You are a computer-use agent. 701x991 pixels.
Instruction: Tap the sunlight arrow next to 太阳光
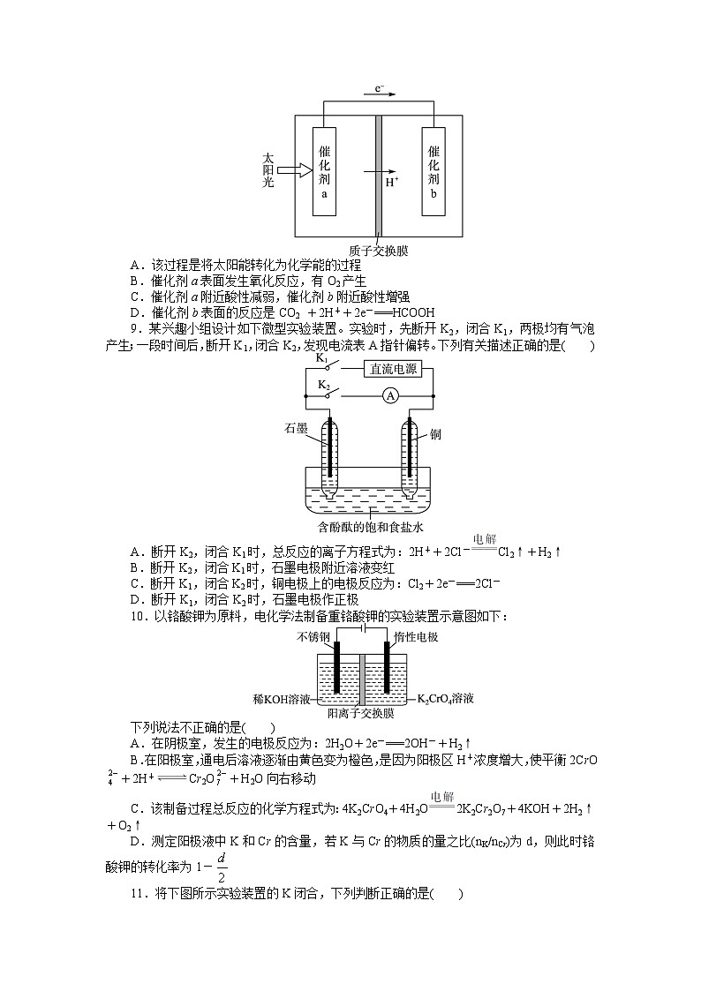point(289,169)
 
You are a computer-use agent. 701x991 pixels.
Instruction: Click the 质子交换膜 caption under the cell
point(378,250)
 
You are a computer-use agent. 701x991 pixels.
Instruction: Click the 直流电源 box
point(394,371)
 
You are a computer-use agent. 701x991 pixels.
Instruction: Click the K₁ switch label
point(321,359)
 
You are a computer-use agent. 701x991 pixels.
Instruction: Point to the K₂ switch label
point(323,387)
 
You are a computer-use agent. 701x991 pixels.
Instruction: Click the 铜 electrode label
point(436,434)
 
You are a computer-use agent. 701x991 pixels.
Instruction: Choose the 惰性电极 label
point(417,636)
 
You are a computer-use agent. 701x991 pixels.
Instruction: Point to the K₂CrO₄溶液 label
point(446,698)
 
